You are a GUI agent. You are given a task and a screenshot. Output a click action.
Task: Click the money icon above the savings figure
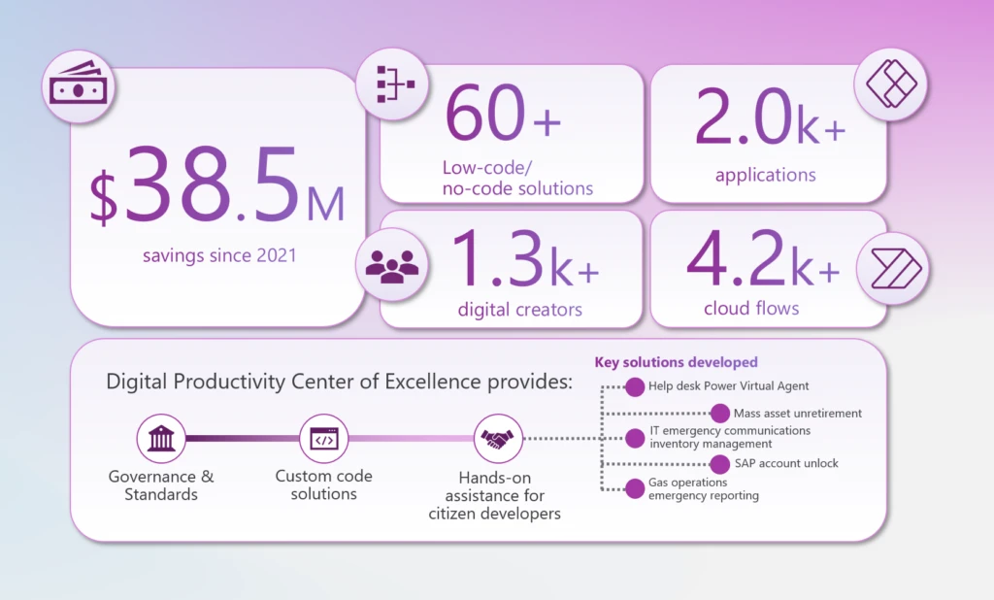tap(79, 88)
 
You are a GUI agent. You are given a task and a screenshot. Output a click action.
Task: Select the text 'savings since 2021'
tap(217, 256)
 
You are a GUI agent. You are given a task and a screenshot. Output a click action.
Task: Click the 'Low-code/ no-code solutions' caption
tap(517, 178)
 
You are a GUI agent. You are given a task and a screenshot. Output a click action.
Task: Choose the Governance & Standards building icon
tap(160, 440)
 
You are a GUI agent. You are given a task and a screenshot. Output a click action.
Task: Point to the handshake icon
tap(497, 440)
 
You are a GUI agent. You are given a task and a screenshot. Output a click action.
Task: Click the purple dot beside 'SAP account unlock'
tap(719, 463)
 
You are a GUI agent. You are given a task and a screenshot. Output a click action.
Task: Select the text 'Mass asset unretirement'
tap(797, 413)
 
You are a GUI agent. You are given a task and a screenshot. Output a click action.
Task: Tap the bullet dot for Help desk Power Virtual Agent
tap(634, 386)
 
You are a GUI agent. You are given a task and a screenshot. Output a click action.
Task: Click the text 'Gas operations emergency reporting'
tap(703, 489)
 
